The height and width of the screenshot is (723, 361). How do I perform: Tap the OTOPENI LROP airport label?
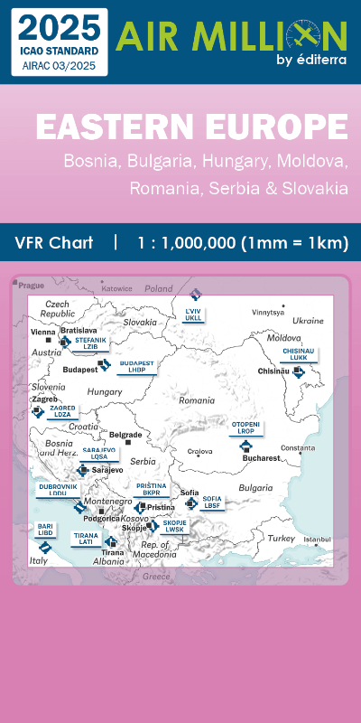[x=246, y=427]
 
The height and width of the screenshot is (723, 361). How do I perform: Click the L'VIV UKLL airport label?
[x=193, y=315]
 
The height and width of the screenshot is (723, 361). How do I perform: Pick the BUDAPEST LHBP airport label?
[x=136, y=366]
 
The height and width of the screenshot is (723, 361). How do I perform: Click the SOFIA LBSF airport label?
[x=212, y=502]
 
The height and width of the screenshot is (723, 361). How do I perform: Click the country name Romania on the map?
[x=197, y=399]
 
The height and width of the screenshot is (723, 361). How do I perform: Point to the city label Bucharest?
[x=260, y=458]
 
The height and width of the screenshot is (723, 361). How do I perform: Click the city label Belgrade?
[x=125, y=435]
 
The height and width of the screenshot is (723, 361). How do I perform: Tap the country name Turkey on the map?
[x=282, y=538]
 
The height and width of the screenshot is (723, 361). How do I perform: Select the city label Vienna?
[x=43, y=333]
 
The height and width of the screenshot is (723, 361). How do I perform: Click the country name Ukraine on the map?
[x=308, y=320]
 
